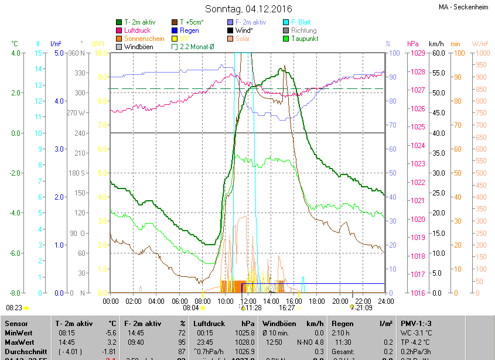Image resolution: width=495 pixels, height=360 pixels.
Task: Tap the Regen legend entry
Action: pyautogui.click(x=189, y=30)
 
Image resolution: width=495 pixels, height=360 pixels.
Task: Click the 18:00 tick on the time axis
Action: pyautogui.click(x=316, y=301)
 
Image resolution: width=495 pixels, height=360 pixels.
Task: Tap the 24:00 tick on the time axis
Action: pyautogui.click(x=384, y=301)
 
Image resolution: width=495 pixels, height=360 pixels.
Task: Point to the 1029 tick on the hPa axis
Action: pyautogui.click(x=418, y=53)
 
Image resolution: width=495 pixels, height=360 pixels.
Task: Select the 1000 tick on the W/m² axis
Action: pyautogui.click(x=480, y=53)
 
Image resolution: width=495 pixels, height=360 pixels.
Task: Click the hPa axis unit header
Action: pyautogui.click(x=413, y=44)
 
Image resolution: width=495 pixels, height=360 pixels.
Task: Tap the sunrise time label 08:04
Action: pyautogui.click(x=191, y=307)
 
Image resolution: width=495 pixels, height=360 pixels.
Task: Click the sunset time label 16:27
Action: pyautogui.click(x=286, y=307)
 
